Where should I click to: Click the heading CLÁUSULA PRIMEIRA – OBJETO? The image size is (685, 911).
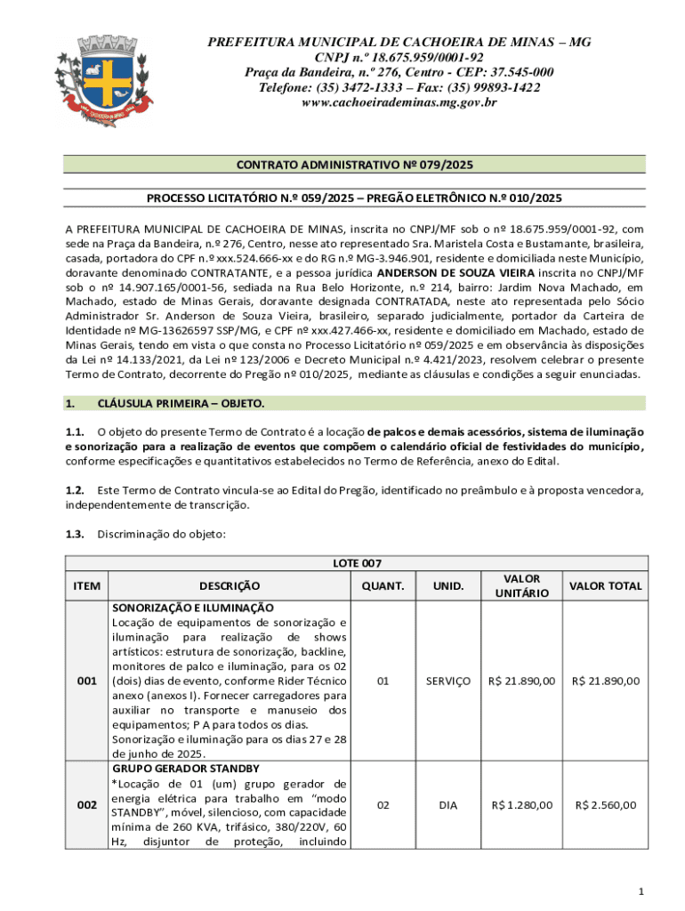click(181, 404)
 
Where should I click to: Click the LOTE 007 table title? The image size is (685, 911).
click(357, 563)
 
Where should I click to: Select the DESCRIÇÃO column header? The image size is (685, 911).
click(230, 585)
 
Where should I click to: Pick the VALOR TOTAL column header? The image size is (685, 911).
click(605, 585)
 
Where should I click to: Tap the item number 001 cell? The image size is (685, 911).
click(87, 681)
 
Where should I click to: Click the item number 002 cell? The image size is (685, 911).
click(87, 805)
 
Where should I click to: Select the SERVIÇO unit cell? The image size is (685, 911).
click(447, 681)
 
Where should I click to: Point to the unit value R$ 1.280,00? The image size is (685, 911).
click(522, 805)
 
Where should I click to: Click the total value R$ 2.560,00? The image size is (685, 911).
click(605, 805)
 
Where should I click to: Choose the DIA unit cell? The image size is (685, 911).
click(447, 805)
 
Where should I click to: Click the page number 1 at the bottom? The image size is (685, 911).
click(641, 891)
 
